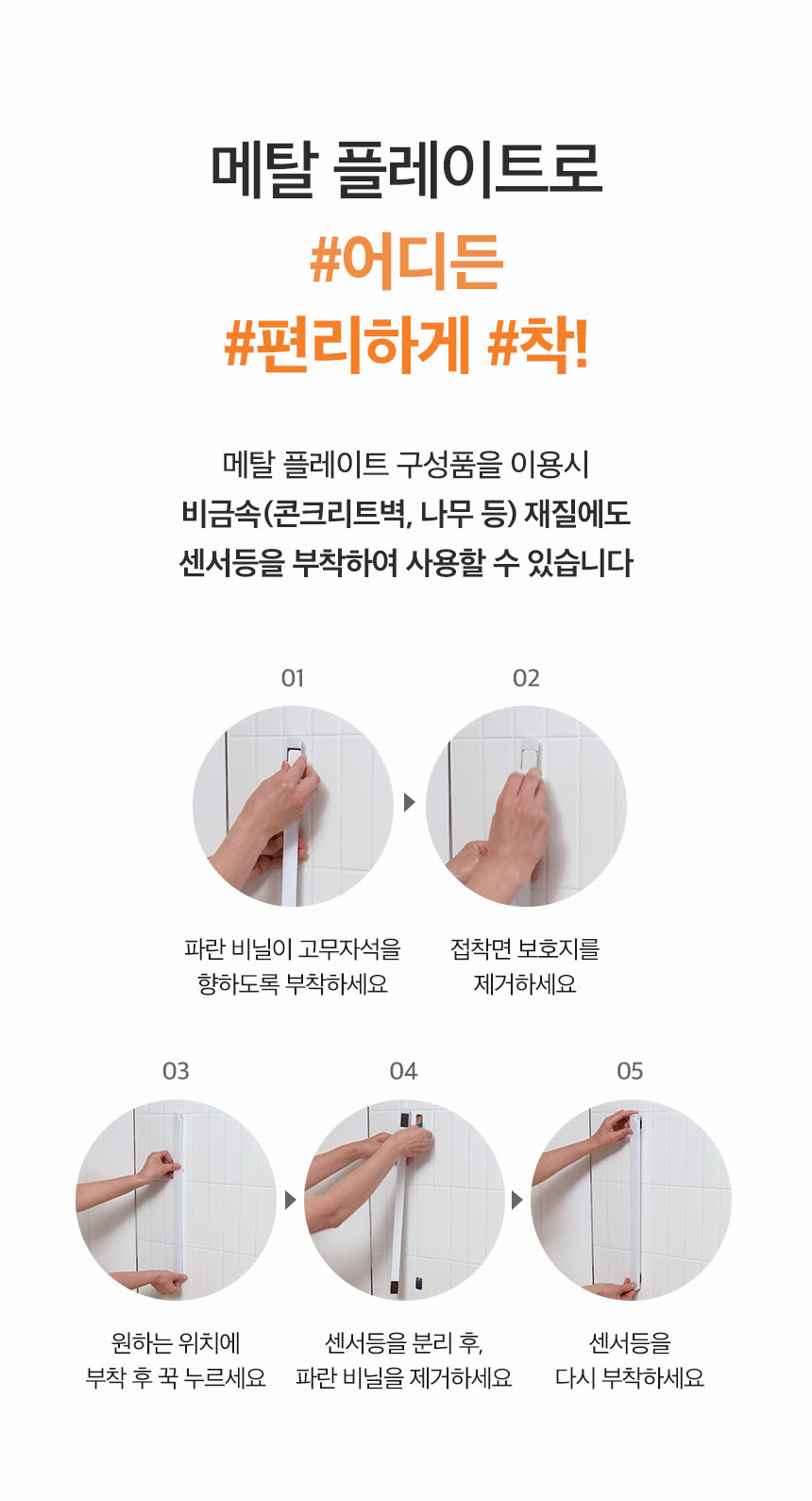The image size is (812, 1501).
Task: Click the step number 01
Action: (x=292, y=678)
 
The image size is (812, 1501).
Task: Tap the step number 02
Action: (x=526, y=678)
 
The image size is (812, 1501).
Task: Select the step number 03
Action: (x=176, y=1071)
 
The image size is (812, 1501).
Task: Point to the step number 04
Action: (x=403, y=1071)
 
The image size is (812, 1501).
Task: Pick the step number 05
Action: (x=630, y=1071)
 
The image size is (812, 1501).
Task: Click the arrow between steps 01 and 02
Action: (x=409, y=802)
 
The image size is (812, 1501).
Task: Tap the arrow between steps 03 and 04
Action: (x=290, y=1200)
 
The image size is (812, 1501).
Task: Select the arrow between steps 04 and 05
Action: (x=516, y=1200)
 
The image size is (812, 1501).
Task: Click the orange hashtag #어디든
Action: (x=406, y=262)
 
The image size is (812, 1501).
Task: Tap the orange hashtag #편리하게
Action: (x=347, y=345)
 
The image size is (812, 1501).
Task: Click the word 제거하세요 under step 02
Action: (x=525, y=983)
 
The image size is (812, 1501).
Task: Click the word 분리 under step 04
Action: (x=431, y=1342)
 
